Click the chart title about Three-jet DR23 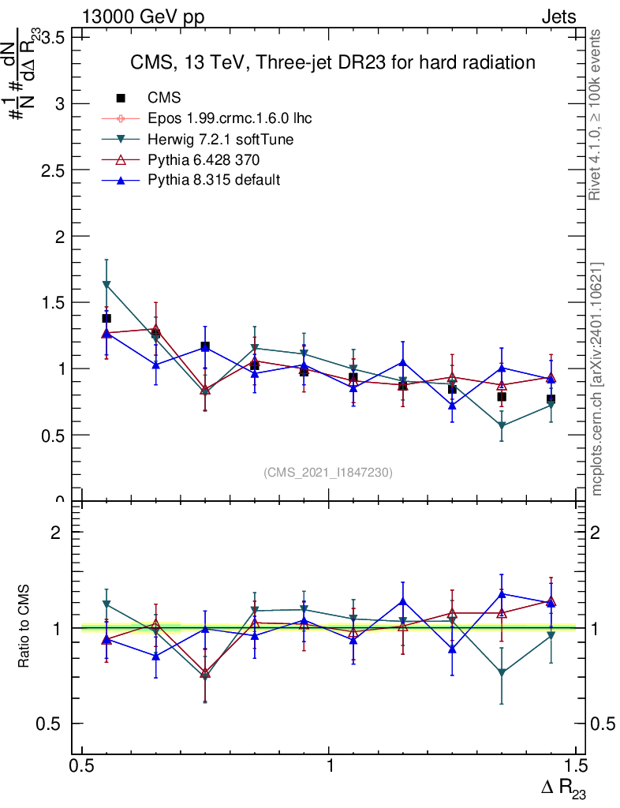332,62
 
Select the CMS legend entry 165,98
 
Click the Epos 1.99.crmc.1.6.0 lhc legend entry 230,118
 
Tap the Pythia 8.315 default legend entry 214,180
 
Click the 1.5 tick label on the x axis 576,766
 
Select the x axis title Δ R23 563,788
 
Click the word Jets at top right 558,17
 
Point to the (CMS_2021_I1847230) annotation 328,472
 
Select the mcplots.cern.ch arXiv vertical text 597,379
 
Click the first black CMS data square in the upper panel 106,318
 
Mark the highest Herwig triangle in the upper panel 106,284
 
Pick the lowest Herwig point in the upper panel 502,426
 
